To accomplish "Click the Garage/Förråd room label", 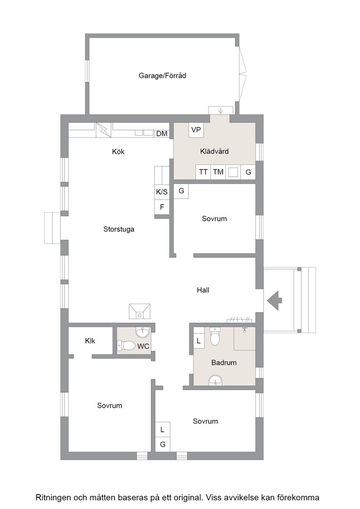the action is pos(162,75).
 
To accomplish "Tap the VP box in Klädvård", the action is pos(196,130).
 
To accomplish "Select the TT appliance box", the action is pos(203,172).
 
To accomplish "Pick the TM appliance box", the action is pos(218,172).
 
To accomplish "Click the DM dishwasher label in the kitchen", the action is pos(162,134).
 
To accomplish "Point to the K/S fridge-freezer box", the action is pos(162,192).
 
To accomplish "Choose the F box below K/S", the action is pos(162,207).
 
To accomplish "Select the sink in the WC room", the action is pos(143,332).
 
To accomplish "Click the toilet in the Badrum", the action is pos(215,336).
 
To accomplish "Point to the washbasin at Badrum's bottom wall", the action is pos(215,380).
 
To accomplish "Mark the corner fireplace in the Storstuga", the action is pos(140,311).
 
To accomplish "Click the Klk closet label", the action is pos(90,340).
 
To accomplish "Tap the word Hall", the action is pos(203,290).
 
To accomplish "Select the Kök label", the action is pos(118,151).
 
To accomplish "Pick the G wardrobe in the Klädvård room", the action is pos(248,172).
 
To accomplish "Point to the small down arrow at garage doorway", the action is pos(221,110).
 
